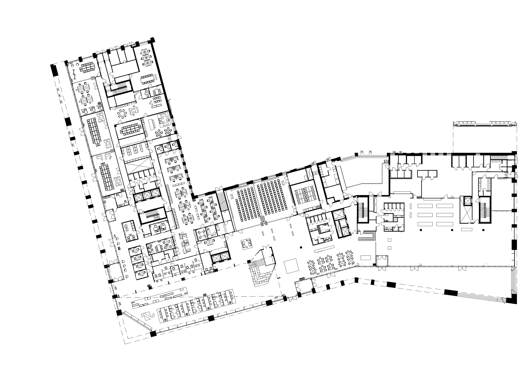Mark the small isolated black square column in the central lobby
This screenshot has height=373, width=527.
[x=301, y=247]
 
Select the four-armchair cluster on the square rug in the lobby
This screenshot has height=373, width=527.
[x=247, y=244]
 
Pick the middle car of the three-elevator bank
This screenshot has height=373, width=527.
[x=147, y=196]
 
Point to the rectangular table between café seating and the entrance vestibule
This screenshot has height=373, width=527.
[x=366, y=257]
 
